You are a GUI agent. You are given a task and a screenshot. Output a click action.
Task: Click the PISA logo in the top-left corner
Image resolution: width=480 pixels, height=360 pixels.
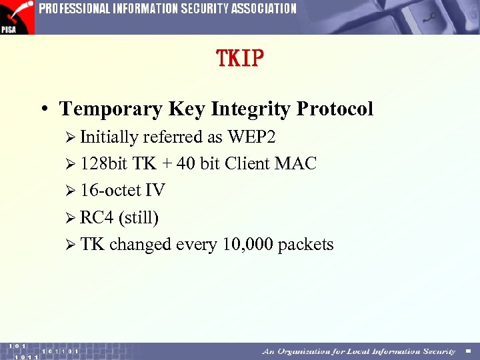17,17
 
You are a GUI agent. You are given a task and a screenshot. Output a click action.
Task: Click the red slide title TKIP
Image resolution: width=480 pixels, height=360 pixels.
240,59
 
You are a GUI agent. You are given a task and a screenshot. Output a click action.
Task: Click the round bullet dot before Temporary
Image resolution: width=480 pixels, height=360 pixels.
44,109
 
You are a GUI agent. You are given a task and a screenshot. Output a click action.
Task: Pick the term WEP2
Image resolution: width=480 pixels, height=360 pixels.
251,137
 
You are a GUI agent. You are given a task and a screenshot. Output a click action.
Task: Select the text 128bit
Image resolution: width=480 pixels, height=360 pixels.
104,164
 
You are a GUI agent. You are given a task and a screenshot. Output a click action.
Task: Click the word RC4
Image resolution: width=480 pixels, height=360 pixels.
97,218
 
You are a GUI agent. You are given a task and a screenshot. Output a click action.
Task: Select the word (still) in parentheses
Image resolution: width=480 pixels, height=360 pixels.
138,218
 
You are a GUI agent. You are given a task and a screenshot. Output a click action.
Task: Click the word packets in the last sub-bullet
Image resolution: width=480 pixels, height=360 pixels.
305,245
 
